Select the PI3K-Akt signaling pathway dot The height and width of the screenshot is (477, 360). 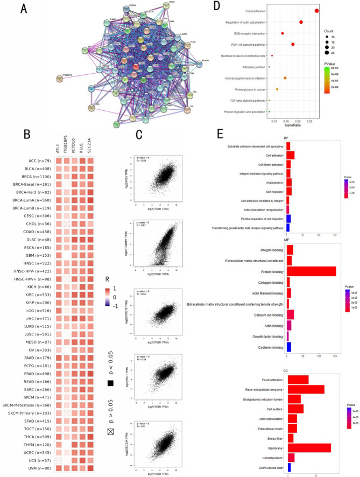pos(293,44)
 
